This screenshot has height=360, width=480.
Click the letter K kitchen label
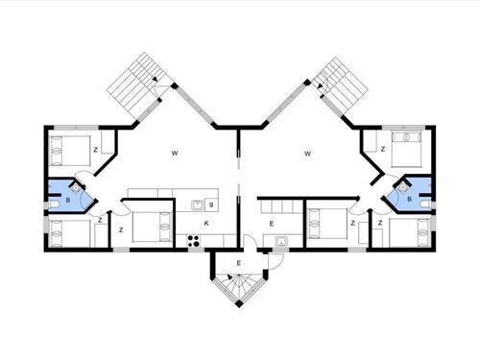(x=205, y=224)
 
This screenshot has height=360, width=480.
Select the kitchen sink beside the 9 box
(x=197, y=204)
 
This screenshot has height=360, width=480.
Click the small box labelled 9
(x=210, y=204)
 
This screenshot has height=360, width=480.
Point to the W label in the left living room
(x=175, y=154)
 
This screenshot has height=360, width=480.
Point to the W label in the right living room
(x=307, y=154)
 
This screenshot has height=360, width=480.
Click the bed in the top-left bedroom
(x=67, y=149)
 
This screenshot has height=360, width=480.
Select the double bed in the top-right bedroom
(x=404, y=150)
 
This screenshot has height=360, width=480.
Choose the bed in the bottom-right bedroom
(x=407, y=232)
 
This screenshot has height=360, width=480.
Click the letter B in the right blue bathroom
(x=410, y=199)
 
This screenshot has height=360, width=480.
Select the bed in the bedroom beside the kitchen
(x=152, y=228)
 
